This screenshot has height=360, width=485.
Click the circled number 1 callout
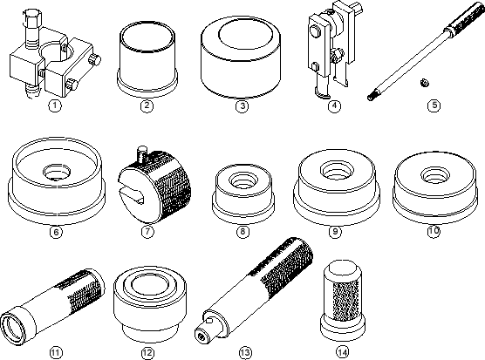coord(55,105)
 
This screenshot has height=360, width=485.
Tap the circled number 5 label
coord(434,105)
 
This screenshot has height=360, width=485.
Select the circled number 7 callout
coord(147,231)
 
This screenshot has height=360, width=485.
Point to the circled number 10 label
coord(434,230)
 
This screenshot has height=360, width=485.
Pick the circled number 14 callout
coord(342,352)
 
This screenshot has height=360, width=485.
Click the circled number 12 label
coord(147,352)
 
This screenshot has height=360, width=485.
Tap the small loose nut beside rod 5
coord(424,83)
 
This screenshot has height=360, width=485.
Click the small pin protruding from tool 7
coord(141,154)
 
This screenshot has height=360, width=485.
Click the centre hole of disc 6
coord(57,172)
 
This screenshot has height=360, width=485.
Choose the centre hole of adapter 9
coord(336,169)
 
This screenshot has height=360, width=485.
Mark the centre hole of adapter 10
coord(434,174)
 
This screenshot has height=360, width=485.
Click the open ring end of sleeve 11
coord(12,329)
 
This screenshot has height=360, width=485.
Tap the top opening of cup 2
coord(147,36)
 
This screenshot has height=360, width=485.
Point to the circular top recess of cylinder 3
coord(246,33)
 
